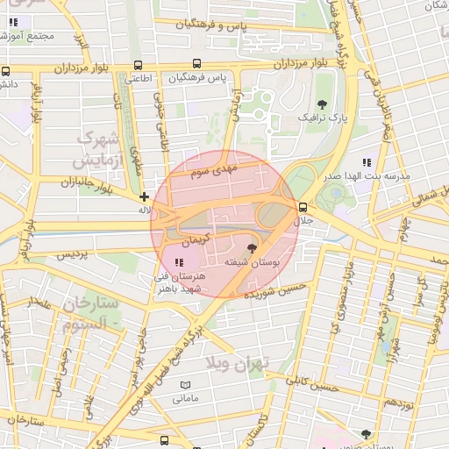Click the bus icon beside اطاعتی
(138, 65)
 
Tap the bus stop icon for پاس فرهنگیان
(197, 64)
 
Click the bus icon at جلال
(303, 208)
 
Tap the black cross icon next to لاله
(145, 197)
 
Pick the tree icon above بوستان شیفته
(253, 249)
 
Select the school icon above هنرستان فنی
(179, 262)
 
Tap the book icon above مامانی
(185, 385)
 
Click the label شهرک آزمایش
(97, 150)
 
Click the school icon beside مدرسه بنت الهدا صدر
(367, 162)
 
